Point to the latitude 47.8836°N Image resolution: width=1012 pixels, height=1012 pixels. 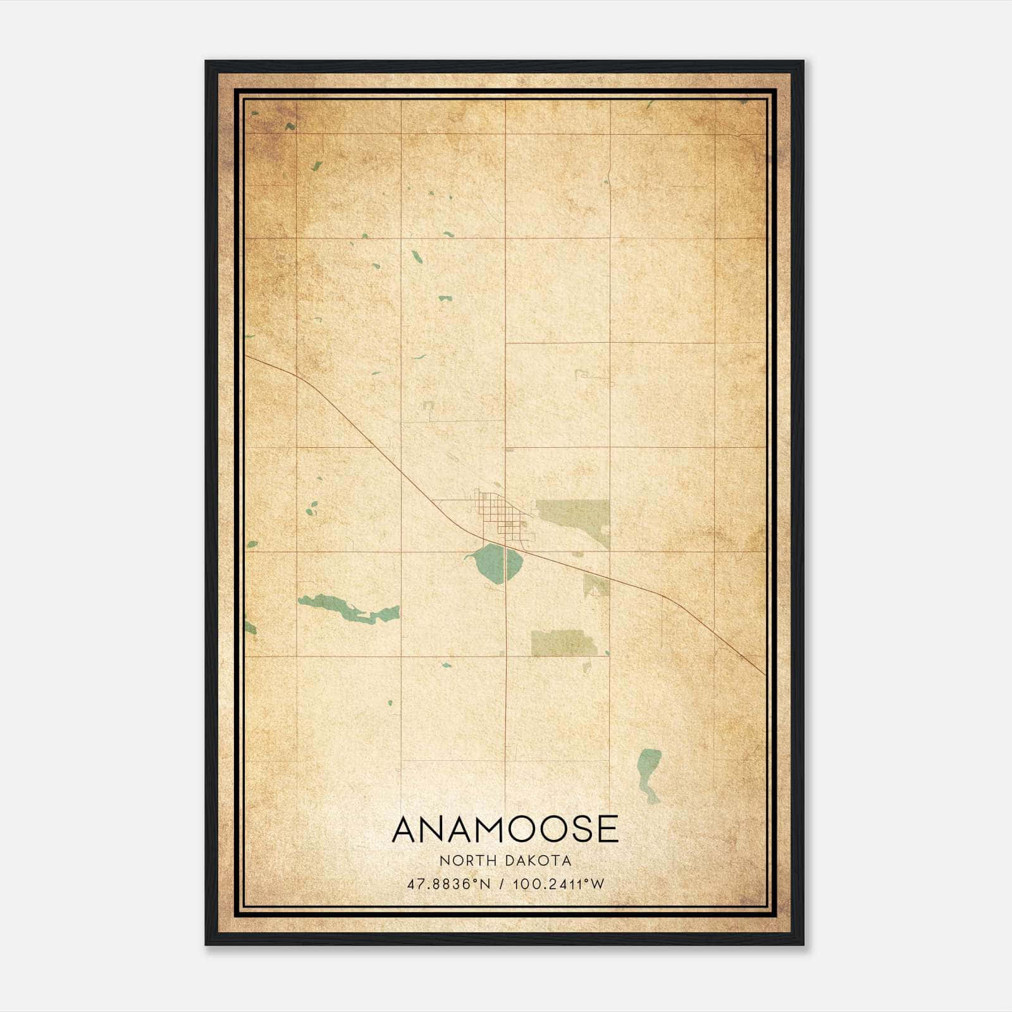pyautogui.click(x=449, y=884)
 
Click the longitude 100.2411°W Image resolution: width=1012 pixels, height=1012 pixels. pyautogui.click(x=558, y=884)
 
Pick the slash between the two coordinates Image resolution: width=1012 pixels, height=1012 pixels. pyautogui.click(x=502, y=884)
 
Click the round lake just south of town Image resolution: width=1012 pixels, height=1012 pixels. pyautogui.click(x=498, y=564)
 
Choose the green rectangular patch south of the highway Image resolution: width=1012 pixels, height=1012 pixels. pyautogui.click(x=562, y=643)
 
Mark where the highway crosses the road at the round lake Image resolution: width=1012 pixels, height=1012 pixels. pyautogui.click(x=505, y=545)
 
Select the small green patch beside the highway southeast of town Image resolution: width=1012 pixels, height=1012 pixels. pyautogui.click(x=596, y=585)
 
